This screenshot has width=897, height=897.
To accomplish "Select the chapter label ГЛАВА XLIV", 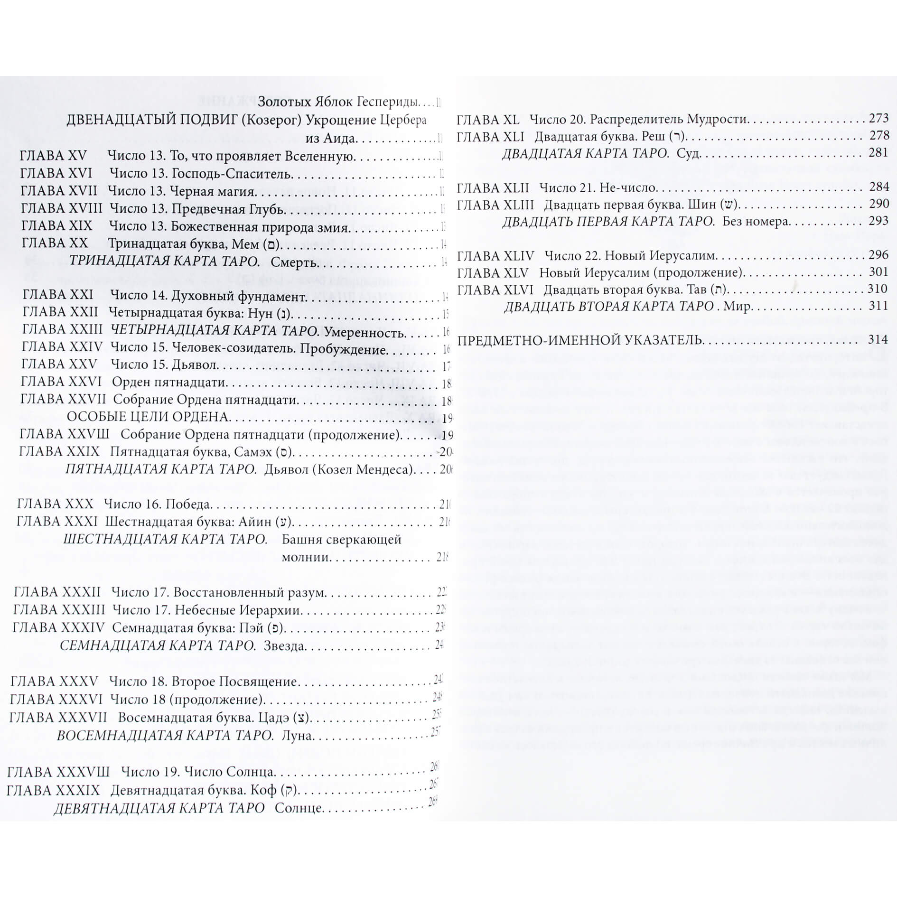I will pos(495,256).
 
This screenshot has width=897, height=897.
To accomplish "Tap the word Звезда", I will pos(285,646).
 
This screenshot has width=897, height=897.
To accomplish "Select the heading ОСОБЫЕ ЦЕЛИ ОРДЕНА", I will pos(148,417).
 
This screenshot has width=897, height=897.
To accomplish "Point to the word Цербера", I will pos(403,121).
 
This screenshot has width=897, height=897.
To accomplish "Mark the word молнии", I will pos(305,557).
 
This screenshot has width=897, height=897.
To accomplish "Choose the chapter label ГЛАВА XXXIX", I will pos(54,790).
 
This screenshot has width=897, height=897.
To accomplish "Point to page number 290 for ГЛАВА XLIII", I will pos(879,204).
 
